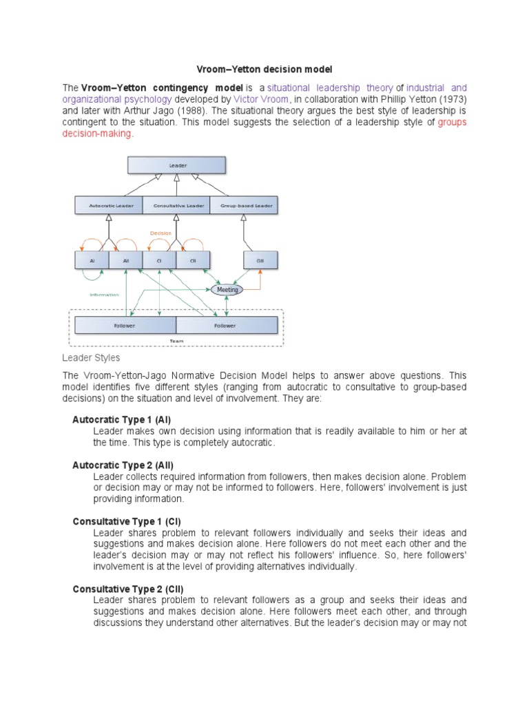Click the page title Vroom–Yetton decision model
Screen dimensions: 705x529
click(x=264, y=70)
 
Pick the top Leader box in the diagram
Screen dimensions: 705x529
click(x=177, y=165)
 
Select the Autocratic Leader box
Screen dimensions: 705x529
click(x=108, y=205)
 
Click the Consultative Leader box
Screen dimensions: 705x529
click(x=177, y=205)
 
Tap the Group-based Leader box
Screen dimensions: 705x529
click(x=245, y=205)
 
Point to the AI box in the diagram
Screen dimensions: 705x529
click(x=92, y=261)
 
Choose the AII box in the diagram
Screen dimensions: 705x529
click(x=125, y=261)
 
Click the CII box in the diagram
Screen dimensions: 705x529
click(x=193, y=261)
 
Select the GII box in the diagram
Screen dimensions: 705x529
click(x=260, y=261)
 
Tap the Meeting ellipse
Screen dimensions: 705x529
click(x=227, y=290)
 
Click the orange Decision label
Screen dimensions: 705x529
click(x=160, y=233)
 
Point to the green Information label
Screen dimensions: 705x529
click(x=104, y=295)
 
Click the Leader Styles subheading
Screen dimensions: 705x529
click(x=91, y=358)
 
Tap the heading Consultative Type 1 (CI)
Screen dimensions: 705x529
click(x=127, y=521)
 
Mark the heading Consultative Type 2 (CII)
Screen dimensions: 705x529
click(x=127, y=589)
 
